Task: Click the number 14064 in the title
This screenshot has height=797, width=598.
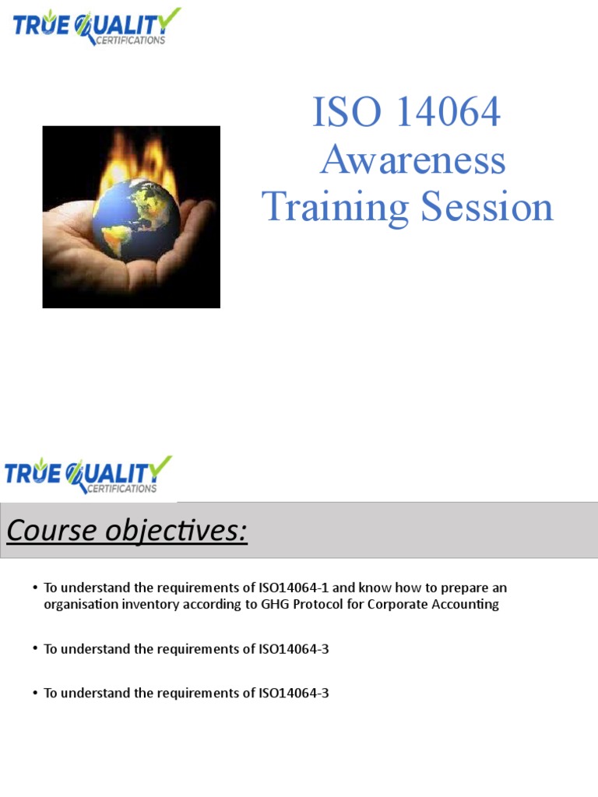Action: coord(447,112)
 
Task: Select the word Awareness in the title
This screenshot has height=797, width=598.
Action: coord(413,160)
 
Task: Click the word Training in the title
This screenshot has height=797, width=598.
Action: coord(336,209)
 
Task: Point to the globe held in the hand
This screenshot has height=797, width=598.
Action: coord(135,219)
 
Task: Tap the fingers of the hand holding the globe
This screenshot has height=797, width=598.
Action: coord(195,226)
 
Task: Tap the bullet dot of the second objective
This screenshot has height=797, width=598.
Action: coord(36,649)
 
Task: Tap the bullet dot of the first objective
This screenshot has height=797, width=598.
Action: coord(36,588)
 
